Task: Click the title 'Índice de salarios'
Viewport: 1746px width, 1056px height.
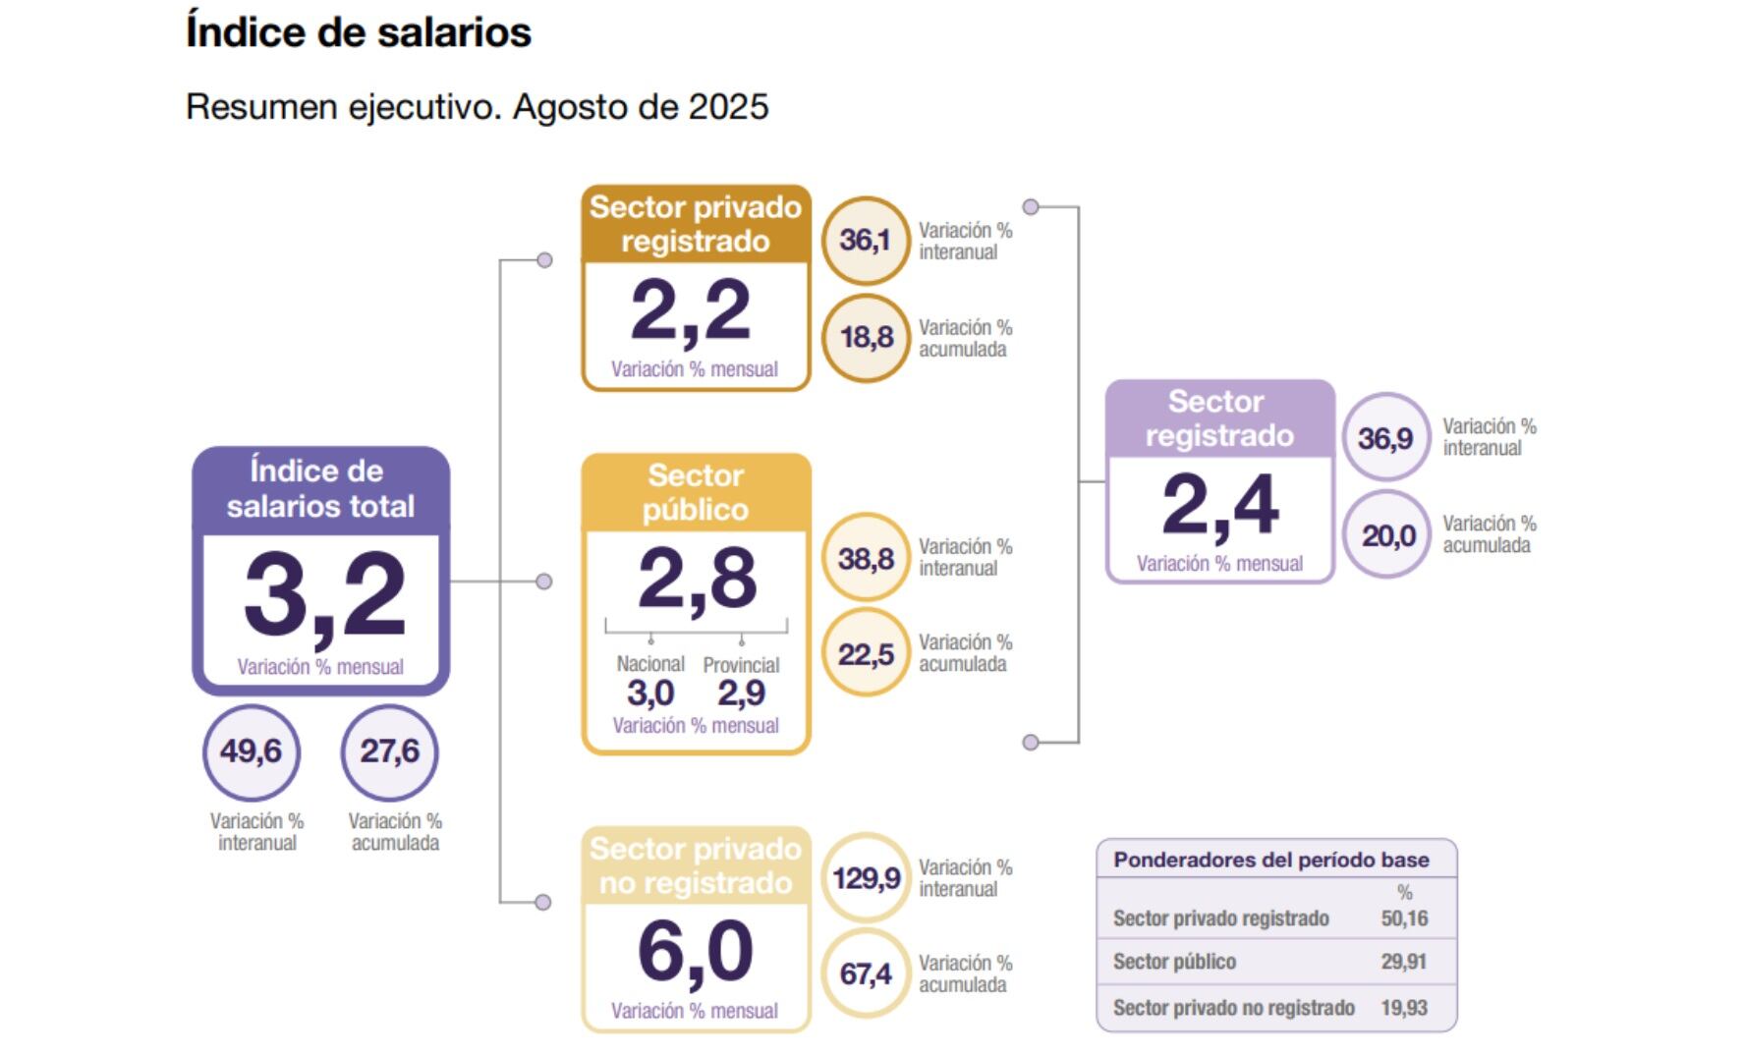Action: pos(359,31)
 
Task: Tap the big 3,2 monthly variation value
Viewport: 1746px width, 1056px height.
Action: pos(324,595)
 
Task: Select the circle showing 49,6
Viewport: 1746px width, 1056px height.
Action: pos(251,751)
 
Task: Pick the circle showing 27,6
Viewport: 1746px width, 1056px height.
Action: pos(389,751)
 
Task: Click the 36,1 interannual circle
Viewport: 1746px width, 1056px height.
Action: pos(865,240)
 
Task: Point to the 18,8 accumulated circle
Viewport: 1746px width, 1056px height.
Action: pos(866,337)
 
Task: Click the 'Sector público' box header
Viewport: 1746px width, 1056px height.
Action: pos(696,492)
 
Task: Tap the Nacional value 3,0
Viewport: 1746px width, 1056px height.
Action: pos(649,694)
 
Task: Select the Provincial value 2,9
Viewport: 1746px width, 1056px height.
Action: pos(741,694)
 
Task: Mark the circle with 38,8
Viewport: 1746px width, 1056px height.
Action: pos(866,559)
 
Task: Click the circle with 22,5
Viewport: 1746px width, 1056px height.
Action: pos(866,654)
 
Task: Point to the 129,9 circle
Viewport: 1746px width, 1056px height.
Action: pos(866,877)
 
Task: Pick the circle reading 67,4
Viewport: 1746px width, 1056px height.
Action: pos(866,973)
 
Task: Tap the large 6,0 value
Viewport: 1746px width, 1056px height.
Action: pos(695,952)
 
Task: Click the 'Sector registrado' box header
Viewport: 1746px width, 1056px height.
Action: pos(1218,418)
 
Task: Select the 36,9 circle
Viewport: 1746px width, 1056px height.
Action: pos(1385,437)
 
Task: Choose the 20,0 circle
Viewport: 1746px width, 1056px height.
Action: pos(1387,535)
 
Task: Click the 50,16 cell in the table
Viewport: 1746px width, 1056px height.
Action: pos(1404,918)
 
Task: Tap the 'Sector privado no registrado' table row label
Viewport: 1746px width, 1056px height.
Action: pos(1233,1008)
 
